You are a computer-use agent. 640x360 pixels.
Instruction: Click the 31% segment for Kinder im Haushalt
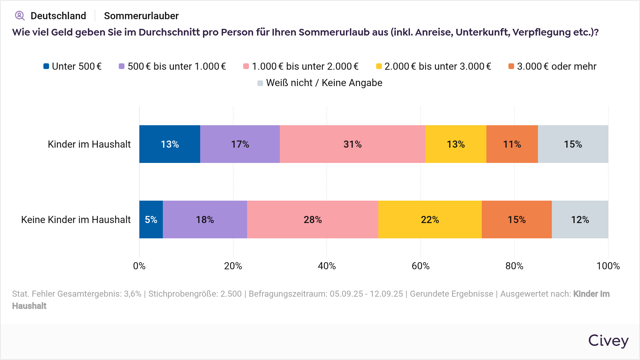pyautogui.click(x=352, y=144)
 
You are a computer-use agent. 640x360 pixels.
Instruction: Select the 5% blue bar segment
pyautogui.click(x=151, y=219)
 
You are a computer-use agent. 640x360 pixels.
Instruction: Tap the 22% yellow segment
pyautogui.click(x=430, y=219)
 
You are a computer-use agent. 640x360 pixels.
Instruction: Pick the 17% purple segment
pyautogui.click(x=240, y=144)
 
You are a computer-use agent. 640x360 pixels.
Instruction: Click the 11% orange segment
pyautogui.click(x=512, y=144)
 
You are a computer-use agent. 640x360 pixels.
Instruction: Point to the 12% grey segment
pyautogui.click(x=580, y=219)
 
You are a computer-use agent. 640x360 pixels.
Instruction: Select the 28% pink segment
pyautogui.click(x=313, y=219)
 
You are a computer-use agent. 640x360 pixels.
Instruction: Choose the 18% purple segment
pyautogui.click(x=205, y=219)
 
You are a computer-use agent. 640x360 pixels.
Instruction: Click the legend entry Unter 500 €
pyautogui.click(x=73, y=67)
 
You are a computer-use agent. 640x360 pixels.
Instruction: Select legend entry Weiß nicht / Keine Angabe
pyautogui.click(x=320, y=83)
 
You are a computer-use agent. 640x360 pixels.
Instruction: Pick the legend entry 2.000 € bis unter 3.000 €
pyautogui.click(x=433, y=67)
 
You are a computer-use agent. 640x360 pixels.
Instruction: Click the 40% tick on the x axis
pyautogui.click(x=327, y=266)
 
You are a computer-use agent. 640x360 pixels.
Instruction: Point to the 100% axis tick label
pyautogui.click(x=608, y=266)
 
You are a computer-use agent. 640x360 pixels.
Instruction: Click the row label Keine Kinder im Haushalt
pyautogui.click(x=76, y=219)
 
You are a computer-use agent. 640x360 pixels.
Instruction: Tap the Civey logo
pyautogui.click(x=608, y=340)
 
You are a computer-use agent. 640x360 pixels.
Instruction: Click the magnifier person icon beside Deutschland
pyautogui.click(x=20, y=16)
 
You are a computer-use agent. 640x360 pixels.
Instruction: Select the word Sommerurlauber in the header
pyautogui.click(x=141, y=16)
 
